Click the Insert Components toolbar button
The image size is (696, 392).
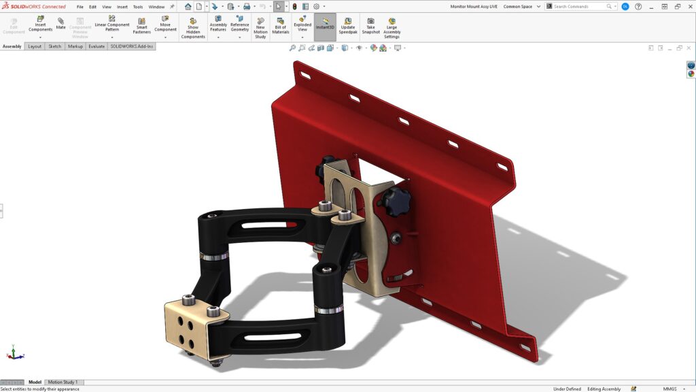point(40,24)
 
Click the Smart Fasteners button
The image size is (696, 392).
point(141,25)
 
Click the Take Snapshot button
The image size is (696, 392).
point(370,25)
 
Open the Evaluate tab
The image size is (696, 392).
point(96,46)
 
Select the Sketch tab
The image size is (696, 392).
point(54,46)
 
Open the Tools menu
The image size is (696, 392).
point(138,7)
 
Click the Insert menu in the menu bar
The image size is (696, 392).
point(122,7)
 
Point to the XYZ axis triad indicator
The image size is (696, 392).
point(15,353)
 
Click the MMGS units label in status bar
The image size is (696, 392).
point(669,389)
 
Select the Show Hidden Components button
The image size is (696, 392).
point(193,28)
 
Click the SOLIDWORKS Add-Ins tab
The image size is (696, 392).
point(132,46)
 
